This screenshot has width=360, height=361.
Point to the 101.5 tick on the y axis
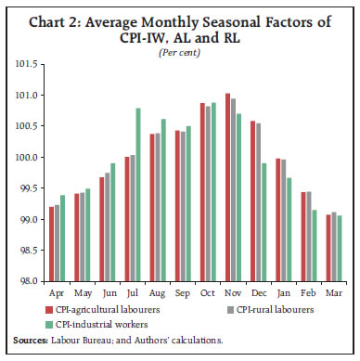(x=27, y=64)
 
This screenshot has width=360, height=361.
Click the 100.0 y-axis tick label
(x=27, y=158)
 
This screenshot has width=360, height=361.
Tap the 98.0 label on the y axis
(x=29, y=281)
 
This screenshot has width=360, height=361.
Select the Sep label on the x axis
(x=183, y=290)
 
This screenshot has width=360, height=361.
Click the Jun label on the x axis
(x=108, y=290)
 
